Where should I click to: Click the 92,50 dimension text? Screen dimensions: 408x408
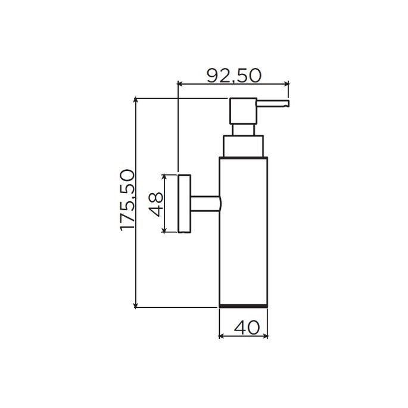234,75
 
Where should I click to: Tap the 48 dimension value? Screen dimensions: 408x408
155,204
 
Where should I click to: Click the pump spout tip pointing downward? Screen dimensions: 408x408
286,105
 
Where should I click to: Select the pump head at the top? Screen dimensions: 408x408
243,110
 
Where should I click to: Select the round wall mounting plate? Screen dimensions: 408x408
184,204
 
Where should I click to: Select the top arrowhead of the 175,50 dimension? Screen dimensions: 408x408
136,99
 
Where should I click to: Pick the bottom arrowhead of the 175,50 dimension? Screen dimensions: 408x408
136,304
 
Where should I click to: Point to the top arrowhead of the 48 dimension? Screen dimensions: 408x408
165,177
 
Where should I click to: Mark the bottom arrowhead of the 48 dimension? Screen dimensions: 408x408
165,231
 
